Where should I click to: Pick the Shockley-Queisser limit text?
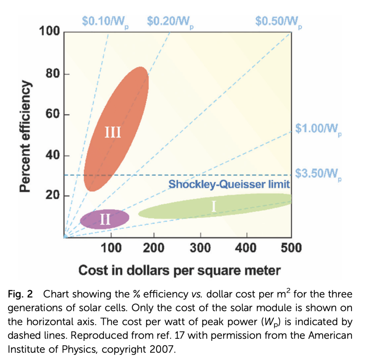click(229, 184)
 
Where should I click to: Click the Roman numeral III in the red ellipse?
click(113, 132)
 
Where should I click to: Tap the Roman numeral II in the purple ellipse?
click(105, 219)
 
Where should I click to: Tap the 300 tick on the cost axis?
click(200, 248)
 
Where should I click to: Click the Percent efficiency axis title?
click(25, 136)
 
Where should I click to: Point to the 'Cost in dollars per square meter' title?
click(179, 270)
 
